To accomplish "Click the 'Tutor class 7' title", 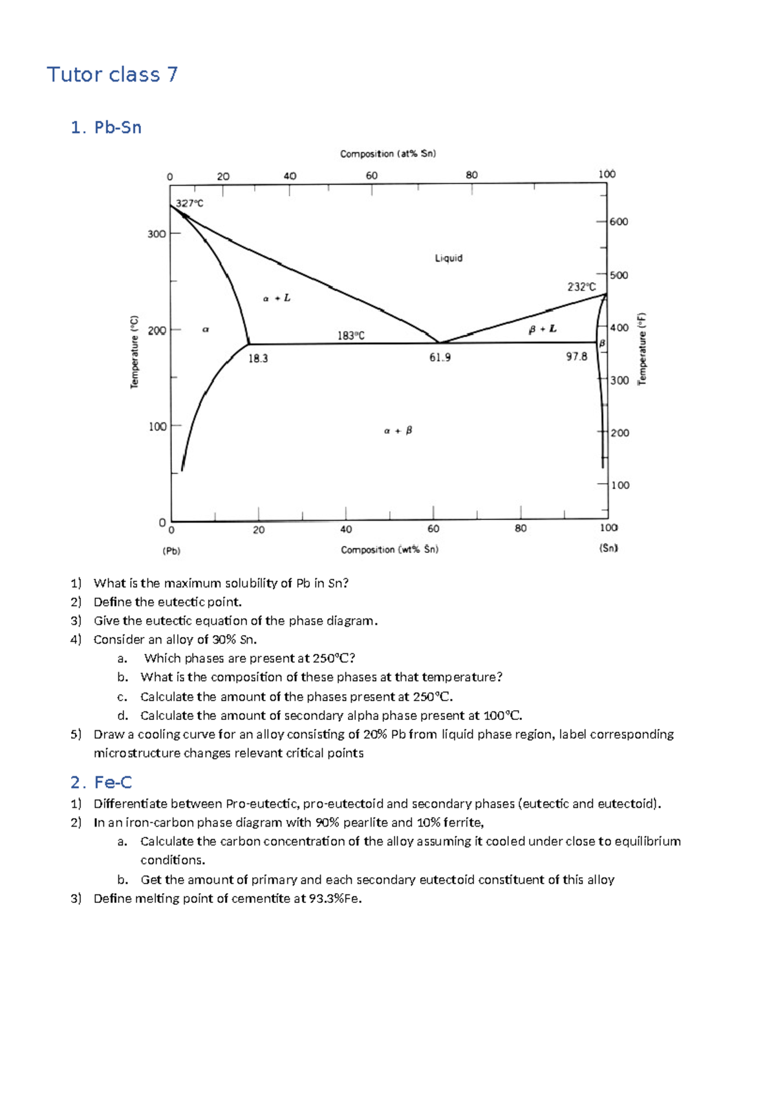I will tap(112, 75).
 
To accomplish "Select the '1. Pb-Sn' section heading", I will tap(106, 127).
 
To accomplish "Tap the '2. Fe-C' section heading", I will tap(101, 783).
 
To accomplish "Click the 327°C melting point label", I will tap(189, 203).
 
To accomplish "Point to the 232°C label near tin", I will tap(581, 287).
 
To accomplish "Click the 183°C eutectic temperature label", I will tap(350, 336).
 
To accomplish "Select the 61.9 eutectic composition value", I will tap(440, 357).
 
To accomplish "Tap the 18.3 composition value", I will tap(258, 358).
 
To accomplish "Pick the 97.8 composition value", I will tap(576, 356).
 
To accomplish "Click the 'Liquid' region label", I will tap(448, 258).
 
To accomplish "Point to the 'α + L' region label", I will tap(277, 298).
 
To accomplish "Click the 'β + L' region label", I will tap(542, 329).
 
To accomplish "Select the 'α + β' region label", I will tap(398, 431).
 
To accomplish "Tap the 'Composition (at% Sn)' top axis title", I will tap(388, 154).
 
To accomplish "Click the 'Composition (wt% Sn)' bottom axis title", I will tap(389, 550).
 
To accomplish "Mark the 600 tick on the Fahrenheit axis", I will tap(618, 222).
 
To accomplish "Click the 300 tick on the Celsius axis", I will tap(156, 234).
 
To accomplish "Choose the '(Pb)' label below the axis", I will tap(171, 551).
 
